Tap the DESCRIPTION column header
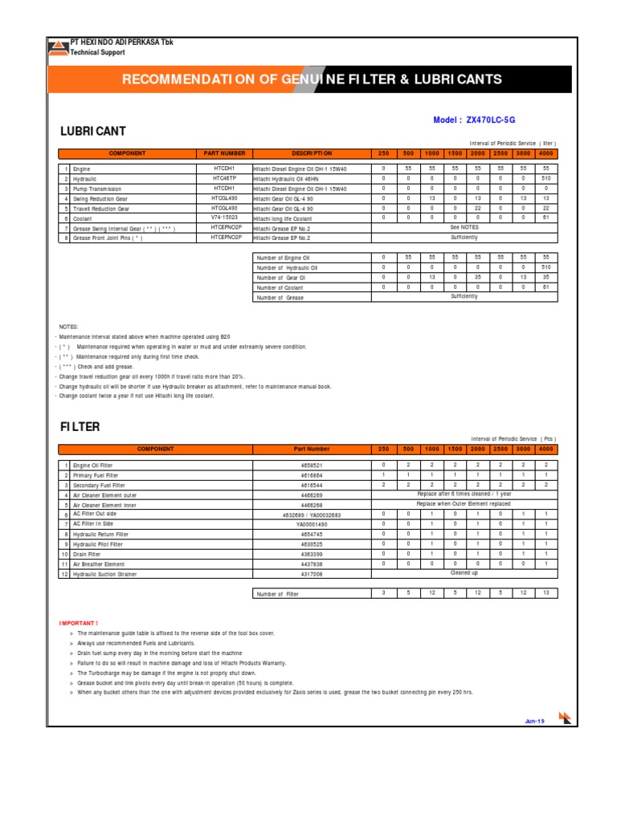point(312,153)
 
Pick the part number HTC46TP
point(225,177)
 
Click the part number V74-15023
point(225,217)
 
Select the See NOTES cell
point(464,227)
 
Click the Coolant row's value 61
point(545,218)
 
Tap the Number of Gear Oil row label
point(282,277)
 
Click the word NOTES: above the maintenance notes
point(70,328)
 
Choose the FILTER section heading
point(80,427)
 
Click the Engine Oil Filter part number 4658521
point(311,466)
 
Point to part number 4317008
point(311,574)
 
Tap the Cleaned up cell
point(464,573)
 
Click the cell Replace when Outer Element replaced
point(464,505)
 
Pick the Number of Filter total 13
point(545,592)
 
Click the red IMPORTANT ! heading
point(79,623)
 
